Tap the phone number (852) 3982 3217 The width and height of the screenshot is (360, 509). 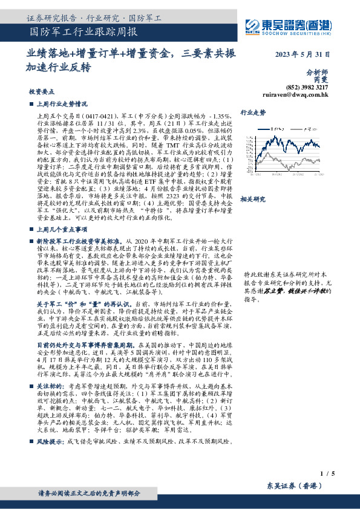tap(310, 87)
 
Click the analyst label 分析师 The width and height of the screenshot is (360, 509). tap(318, 71)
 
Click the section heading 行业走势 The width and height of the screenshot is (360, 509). tap(253, 113)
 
